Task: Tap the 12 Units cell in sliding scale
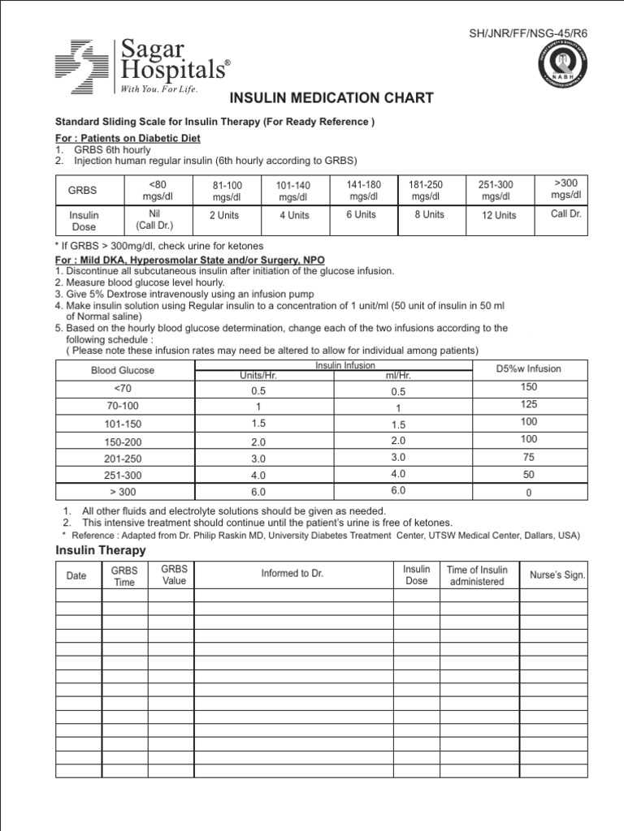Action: (x=499, y=215)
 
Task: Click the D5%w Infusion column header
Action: (x=528, y=368)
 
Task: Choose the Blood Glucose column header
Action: (x=123, y=370)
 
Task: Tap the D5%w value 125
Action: (x=528, y=404)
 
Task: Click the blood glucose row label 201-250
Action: (x=123, y=458)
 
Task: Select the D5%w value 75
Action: (x=528, y=457)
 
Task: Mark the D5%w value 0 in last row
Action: (x=528, y=493)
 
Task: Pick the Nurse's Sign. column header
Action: (x=557, y=575)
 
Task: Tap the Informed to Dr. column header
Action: (x=292, y=573)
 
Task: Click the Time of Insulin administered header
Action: (x=477, y=575)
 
